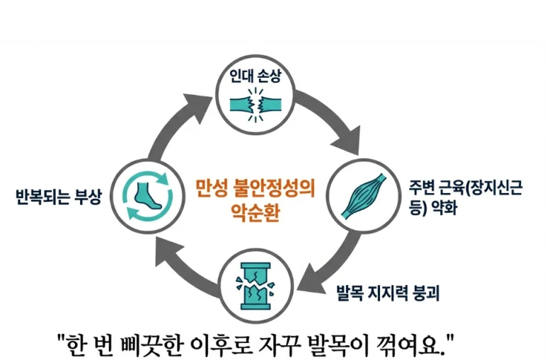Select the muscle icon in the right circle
click(x=366, y=193)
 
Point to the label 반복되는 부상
click(x=59, y=196)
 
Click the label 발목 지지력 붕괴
click(x=387, y=292)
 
